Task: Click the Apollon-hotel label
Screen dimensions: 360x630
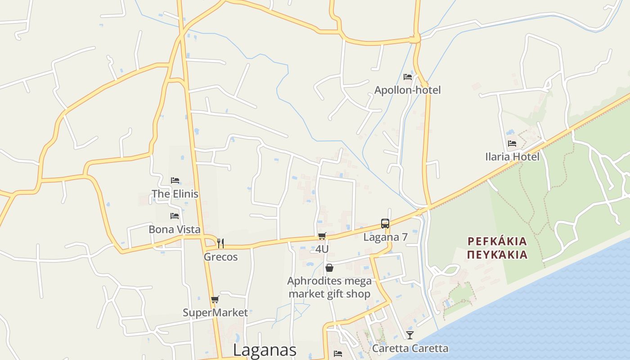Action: click(407, 90)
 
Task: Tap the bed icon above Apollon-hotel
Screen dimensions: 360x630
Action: click(408, 77)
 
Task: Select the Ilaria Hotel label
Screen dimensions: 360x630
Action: click(512, 157)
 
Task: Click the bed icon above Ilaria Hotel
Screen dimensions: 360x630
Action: click(512, 144)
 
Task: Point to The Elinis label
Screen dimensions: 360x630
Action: click(175, 194)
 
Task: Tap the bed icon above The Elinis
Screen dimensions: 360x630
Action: click(175, 180)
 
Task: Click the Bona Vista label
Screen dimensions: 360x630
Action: click(175, 229)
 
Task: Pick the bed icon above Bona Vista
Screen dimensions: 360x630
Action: click(175, 216)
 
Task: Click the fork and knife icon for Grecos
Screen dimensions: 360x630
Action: click(220, 243)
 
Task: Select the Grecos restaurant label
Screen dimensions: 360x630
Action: click(220, 257)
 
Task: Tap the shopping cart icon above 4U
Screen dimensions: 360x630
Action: click(322, 236)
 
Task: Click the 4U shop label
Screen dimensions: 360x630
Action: click(322, 249)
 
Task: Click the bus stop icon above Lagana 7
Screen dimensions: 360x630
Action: click(385, 224)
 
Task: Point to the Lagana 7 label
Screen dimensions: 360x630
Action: click(385, 237)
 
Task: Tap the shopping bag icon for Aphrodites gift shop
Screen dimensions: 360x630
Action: click(329, 268)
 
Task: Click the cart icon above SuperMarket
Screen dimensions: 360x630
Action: click(215, 300)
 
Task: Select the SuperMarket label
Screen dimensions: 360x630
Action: click(215, 313)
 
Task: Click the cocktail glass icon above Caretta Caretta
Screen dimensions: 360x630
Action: click(410, 335)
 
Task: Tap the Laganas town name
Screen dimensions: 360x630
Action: click(265, 350)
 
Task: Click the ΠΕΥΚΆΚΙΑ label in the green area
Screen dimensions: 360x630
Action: click(497, 255)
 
